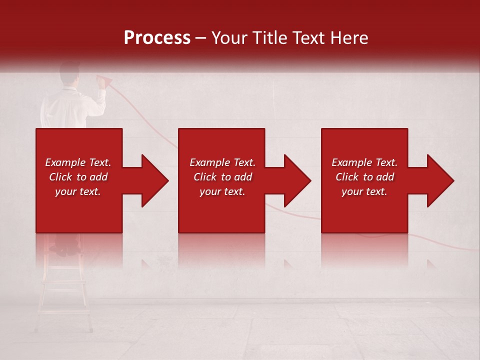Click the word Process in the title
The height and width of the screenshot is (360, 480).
(157, 38)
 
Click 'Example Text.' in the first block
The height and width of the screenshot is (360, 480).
(78, 162)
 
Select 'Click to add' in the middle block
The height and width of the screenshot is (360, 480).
(222, 177)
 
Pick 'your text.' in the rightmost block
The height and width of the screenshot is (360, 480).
(364, 191)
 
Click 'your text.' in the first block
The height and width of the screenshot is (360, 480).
(78, 191)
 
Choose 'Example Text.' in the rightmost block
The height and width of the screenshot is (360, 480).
(364, 162)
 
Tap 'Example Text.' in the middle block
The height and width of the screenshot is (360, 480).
(222, 162)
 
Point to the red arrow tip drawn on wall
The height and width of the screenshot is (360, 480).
(104, 79)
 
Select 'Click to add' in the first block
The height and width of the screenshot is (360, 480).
(78, 177)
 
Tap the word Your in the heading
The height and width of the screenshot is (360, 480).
(228, 38)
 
